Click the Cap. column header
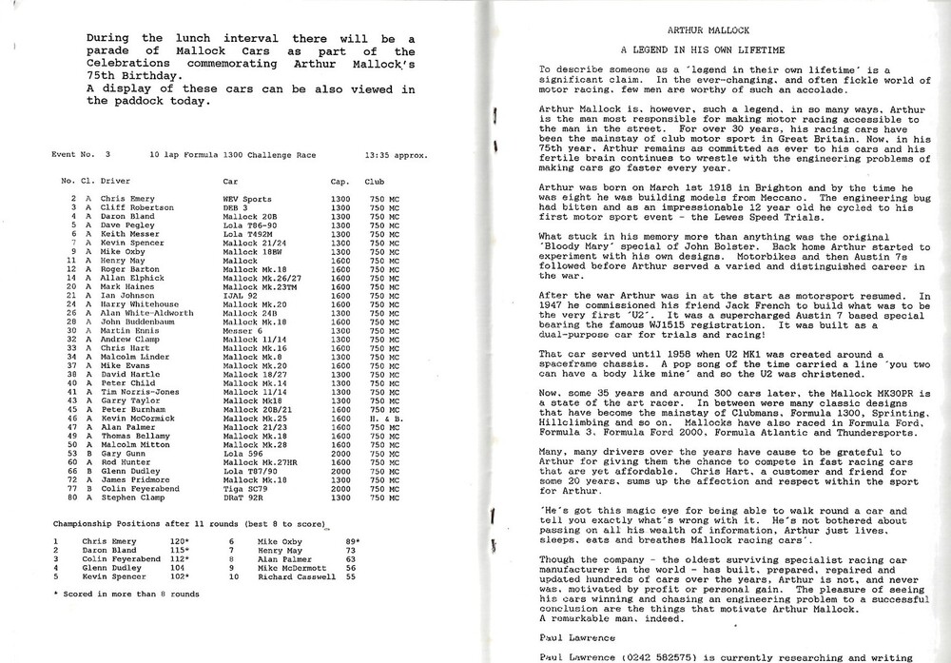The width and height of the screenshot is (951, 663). [341, 180]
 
